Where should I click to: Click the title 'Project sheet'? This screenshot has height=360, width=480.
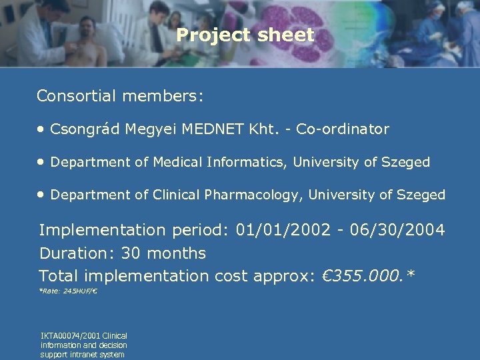[x=245, y=35]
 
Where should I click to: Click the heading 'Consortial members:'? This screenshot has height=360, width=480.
[x=120, y=96]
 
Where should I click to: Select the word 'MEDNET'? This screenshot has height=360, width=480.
[x=198, y=129]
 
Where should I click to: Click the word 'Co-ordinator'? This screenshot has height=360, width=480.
[x=343, y=129]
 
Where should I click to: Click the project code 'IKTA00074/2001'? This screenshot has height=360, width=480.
[x=69, y=336]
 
